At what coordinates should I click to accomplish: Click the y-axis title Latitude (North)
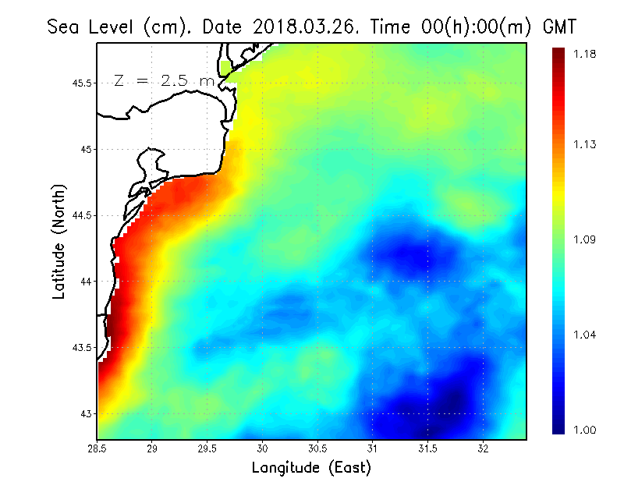point(58,242)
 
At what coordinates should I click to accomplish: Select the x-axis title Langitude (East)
point(311,468)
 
